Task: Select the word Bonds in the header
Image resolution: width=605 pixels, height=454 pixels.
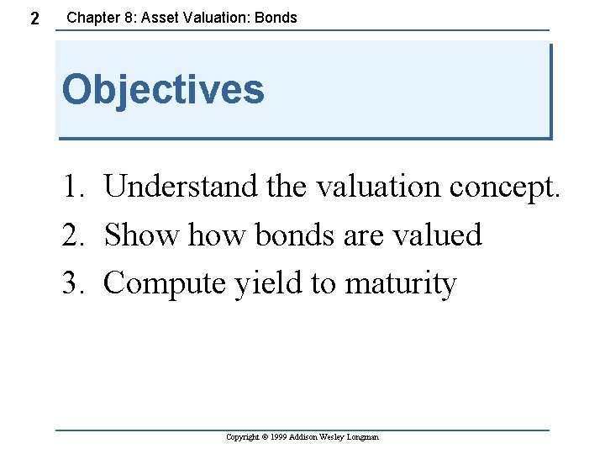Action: coord(276,17)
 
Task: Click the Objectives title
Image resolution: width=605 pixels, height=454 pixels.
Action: coord(163,89)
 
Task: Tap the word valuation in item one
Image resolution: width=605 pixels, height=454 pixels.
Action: coord(378,187)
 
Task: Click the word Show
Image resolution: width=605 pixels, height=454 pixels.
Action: coord(141,235)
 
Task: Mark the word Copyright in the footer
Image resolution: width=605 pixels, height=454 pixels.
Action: coord(245,437)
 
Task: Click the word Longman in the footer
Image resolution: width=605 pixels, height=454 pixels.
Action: coord(362,437)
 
